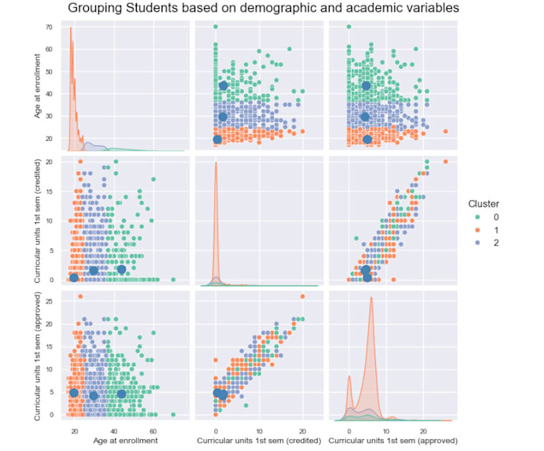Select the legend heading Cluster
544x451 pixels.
(x=484, y=203)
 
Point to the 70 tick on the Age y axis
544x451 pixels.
(x=50, y=27)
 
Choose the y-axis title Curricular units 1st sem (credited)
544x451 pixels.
(x=38, y=220)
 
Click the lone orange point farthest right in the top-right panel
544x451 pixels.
(x=445, y=131)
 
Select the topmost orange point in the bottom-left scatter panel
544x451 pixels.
(x=80, y=296)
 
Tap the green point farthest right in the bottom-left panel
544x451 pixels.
(x=173, y=414)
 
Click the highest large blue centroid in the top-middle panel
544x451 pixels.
(x=223, y=86)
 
